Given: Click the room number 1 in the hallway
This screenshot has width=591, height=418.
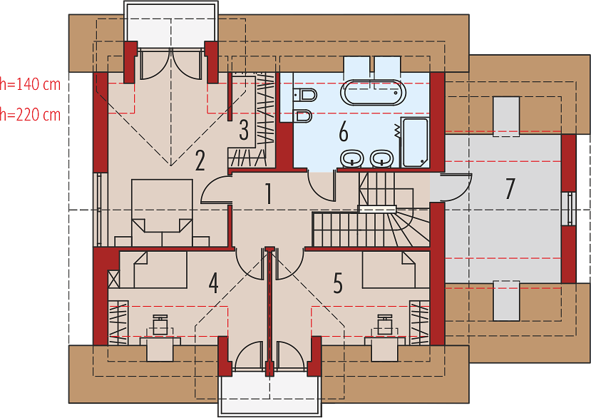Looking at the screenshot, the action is (268, 193).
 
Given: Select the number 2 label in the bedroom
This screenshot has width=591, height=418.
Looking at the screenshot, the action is (200, 160).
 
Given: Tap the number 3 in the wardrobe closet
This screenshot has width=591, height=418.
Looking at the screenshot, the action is (244, 130).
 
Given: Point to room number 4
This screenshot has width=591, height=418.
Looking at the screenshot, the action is (214, 283).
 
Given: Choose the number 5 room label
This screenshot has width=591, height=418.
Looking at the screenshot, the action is (338, 283).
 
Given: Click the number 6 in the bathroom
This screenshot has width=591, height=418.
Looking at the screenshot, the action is (344, 132).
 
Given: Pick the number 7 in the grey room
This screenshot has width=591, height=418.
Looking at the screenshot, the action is (510, 188).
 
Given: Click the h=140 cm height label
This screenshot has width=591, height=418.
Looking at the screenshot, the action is (30, 84).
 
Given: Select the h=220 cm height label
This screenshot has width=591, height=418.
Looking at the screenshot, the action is (30, 114).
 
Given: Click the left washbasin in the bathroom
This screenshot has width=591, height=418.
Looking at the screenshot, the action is (352, 158).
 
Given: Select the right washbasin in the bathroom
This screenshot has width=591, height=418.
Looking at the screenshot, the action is (382, 158).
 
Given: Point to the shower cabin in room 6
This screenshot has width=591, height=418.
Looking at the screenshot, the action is (414, 142).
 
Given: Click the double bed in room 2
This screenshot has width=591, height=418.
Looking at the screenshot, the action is (162, 213).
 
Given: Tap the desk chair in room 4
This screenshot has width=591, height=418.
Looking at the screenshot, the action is (160, 325).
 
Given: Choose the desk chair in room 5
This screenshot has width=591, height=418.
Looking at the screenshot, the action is (385, 325).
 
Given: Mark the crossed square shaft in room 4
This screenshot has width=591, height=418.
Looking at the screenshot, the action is (114, 280).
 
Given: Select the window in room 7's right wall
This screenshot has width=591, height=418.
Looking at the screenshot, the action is (569, 208).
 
